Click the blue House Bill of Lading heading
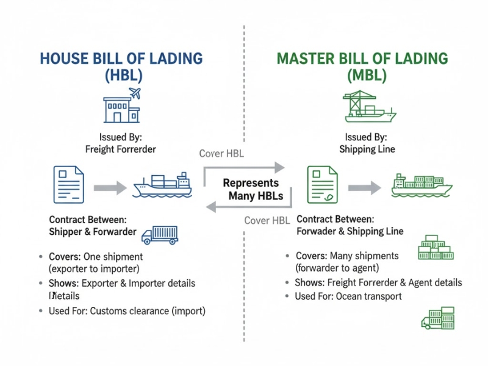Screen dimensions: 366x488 tap(121, 59)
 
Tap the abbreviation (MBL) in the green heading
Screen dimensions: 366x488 tap(362, 76)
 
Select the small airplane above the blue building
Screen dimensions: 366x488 tap(135, 94)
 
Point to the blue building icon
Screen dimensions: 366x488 tap(120, 109)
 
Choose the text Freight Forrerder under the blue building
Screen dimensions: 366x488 tap(120, 149)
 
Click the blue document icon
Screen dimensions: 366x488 tap(68, 184)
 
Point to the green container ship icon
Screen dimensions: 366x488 tap(422, 185)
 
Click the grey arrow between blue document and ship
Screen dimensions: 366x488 tap(110, 187)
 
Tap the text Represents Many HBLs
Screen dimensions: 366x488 tap(251, 189)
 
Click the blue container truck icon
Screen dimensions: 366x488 tap(160, 234)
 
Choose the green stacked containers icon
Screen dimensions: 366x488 tap(436, 248)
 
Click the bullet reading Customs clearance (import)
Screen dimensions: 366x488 tap(127, 311)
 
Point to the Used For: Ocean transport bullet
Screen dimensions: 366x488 tap(348, 296)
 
